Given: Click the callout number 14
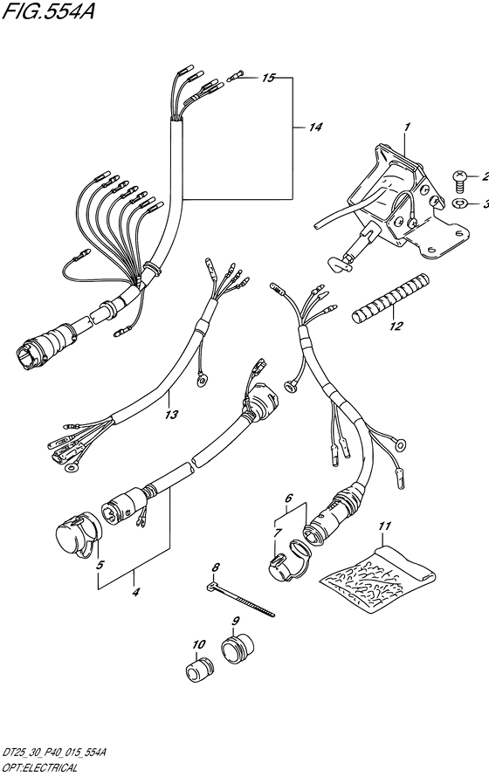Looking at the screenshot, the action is click(315, 127).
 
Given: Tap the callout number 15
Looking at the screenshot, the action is click(268, 78).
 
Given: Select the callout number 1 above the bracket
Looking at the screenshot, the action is click(407, 127).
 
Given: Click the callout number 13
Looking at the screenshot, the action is click(171, 415).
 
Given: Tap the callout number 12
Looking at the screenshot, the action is click(396, 326).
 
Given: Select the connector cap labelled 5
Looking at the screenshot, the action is click(78, 537).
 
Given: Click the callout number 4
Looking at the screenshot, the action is click(135, 591).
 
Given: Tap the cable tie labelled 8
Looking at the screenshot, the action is click(240, 600).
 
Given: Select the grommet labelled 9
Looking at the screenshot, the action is click(237, 647).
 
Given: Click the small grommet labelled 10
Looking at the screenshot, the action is click(199, 669).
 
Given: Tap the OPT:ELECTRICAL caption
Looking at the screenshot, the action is click(39, 768).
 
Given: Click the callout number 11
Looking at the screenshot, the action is click(384, 526).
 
